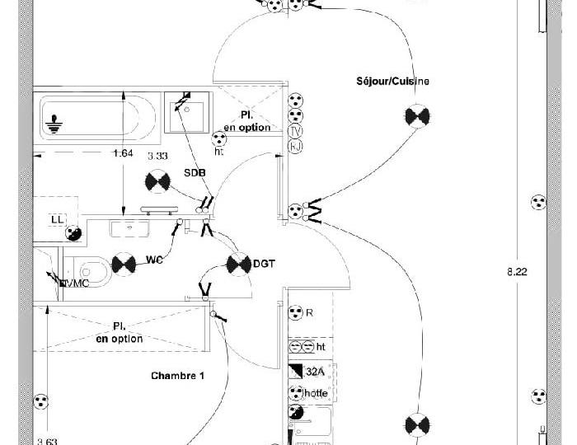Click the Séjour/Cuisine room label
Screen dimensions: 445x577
pos(392,82)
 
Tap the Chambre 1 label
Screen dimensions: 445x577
pos(177,376)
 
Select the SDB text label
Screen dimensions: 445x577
pos(195,172)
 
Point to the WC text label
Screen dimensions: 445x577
pos(154,260)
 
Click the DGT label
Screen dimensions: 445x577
pos(264,264)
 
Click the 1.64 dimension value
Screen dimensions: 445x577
pos(123,153)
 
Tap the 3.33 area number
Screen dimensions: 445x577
pos(157,156)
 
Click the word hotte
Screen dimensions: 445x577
pos(316,393)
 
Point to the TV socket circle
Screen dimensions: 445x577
pos(295,132)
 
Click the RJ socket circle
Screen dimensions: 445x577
pos(295,147)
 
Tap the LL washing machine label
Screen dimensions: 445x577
pos(57,219)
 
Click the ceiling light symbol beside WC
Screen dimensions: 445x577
pos(124,264)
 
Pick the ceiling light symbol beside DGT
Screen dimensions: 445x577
pos(238,264)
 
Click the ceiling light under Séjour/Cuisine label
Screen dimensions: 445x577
pos(417,116)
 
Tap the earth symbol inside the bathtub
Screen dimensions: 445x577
pos(55,123)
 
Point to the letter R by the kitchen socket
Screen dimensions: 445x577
pos(310,313)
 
